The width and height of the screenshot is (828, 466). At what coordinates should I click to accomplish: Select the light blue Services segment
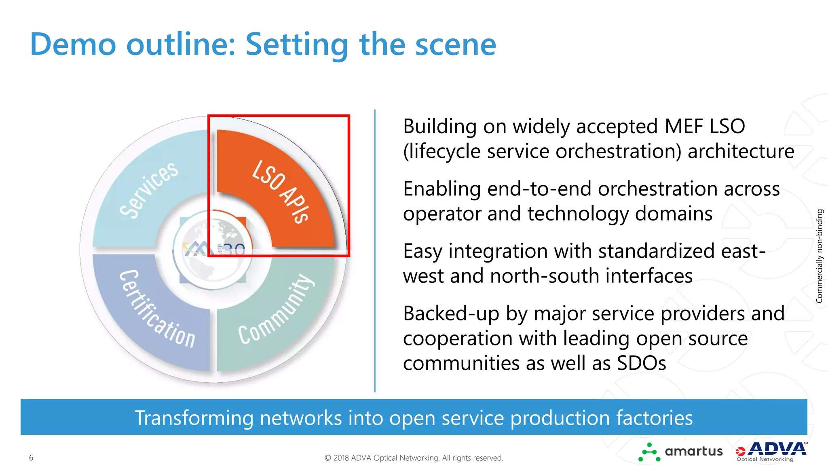[x=150, y=190]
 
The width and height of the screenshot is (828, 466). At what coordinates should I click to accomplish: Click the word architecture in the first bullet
[x=741, y=151]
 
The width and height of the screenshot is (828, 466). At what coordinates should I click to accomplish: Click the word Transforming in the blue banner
[x=194, y=418]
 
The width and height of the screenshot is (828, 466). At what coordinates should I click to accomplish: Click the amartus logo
[x=680, y=452]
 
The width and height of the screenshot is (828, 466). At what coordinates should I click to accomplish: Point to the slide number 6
[x=31, y=458]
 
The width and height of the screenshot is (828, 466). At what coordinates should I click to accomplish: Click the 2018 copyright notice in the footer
[x=414, y=458]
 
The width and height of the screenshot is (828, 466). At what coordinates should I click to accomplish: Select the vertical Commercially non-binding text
[x=819, y=256]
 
